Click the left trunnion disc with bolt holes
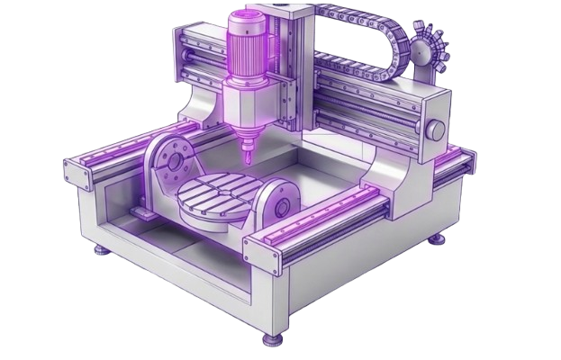168,158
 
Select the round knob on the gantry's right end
436,130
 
